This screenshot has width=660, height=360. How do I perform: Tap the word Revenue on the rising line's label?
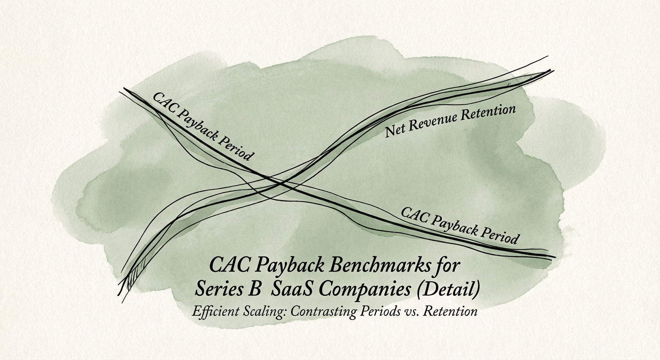click(x=431, y=122)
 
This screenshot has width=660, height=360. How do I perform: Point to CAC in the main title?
click(x=226, y=265)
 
